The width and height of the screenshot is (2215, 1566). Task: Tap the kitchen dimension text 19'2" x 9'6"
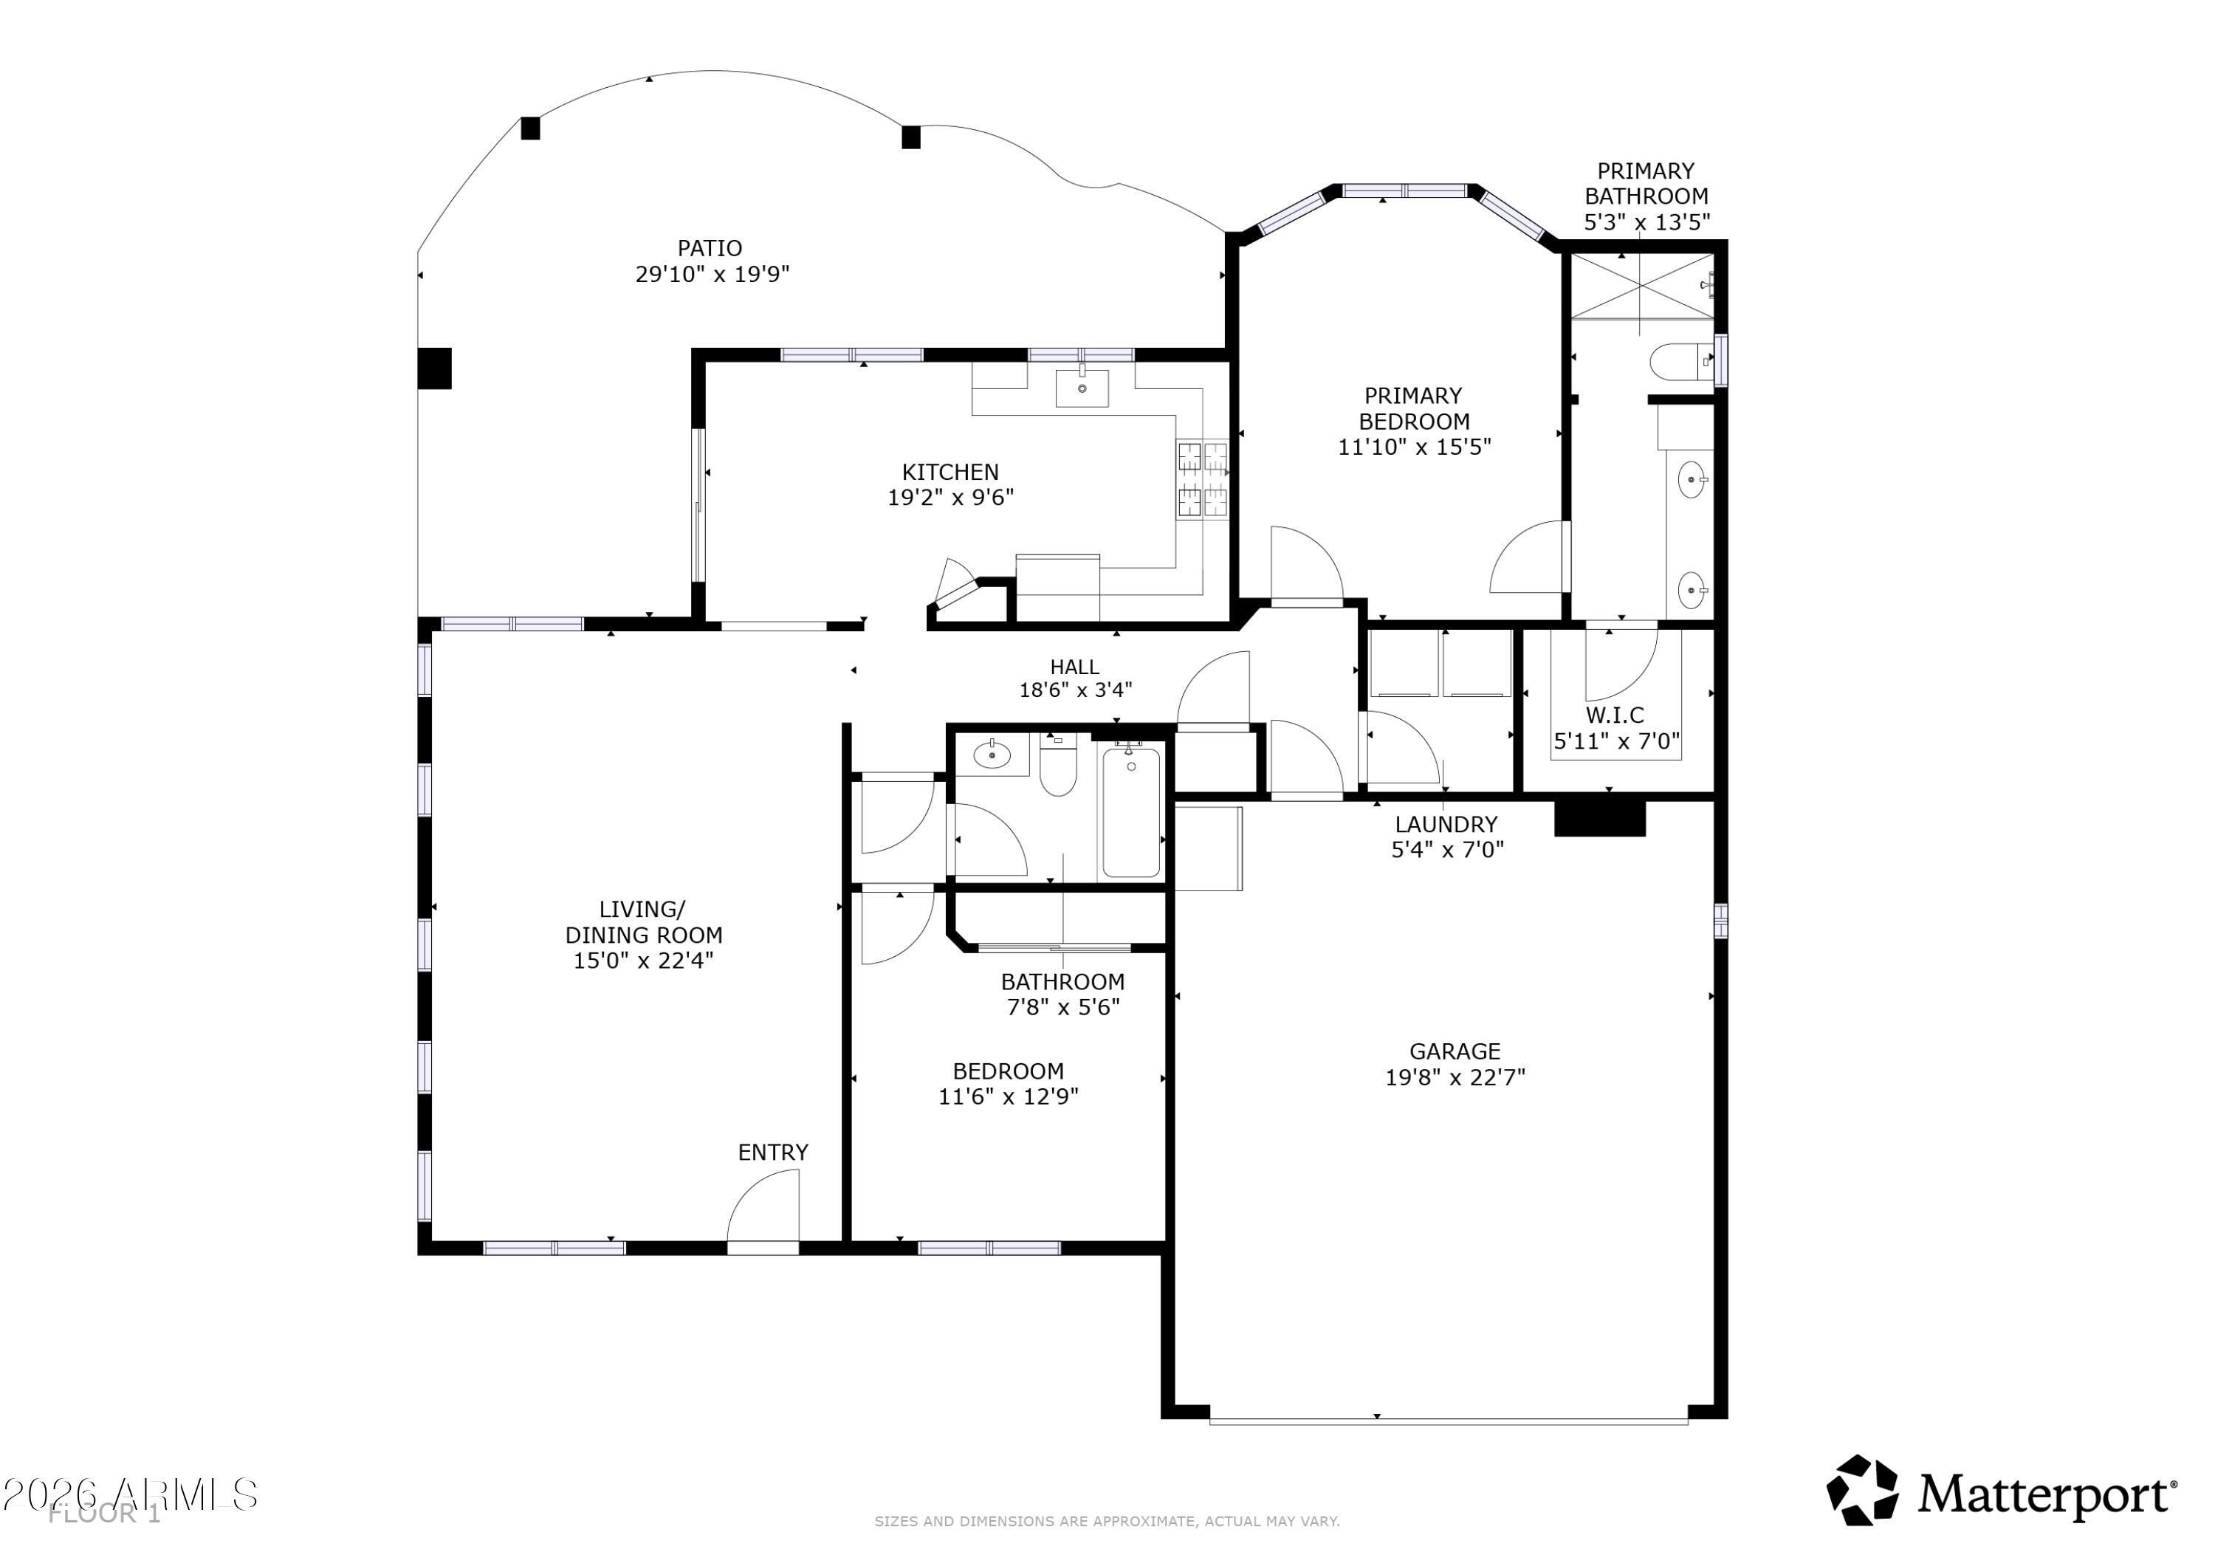(x=950, y=498)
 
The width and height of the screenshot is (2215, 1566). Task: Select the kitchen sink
(x=1082, y=388)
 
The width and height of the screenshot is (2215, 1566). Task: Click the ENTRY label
(x=773, y=1152)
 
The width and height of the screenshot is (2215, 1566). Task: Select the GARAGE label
(x=1455, y=1051)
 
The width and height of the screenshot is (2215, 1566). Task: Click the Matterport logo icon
(x=1862, y=1491)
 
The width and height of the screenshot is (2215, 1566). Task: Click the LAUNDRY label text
(x=1446, y=825)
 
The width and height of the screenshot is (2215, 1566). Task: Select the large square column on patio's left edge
(x=434, y=368)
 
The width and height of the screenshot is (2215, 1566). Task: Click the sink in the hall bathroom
(x=992, y=755)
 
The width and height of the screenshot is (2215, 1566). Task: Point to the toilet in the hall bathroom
(x=1057, y=766)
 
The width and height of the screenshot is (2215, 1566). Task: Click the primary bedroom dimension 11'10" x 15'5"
(x=1415, y=447)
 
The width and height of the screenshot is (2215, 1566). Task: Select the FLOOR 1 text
(x=105, y=1514)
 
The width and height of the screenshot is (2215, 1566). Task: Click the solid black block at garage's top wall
(x=1599, y=817)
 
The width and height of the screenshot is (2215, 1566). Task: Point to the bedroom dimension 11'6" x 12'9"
(x=1008, y=1097)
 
